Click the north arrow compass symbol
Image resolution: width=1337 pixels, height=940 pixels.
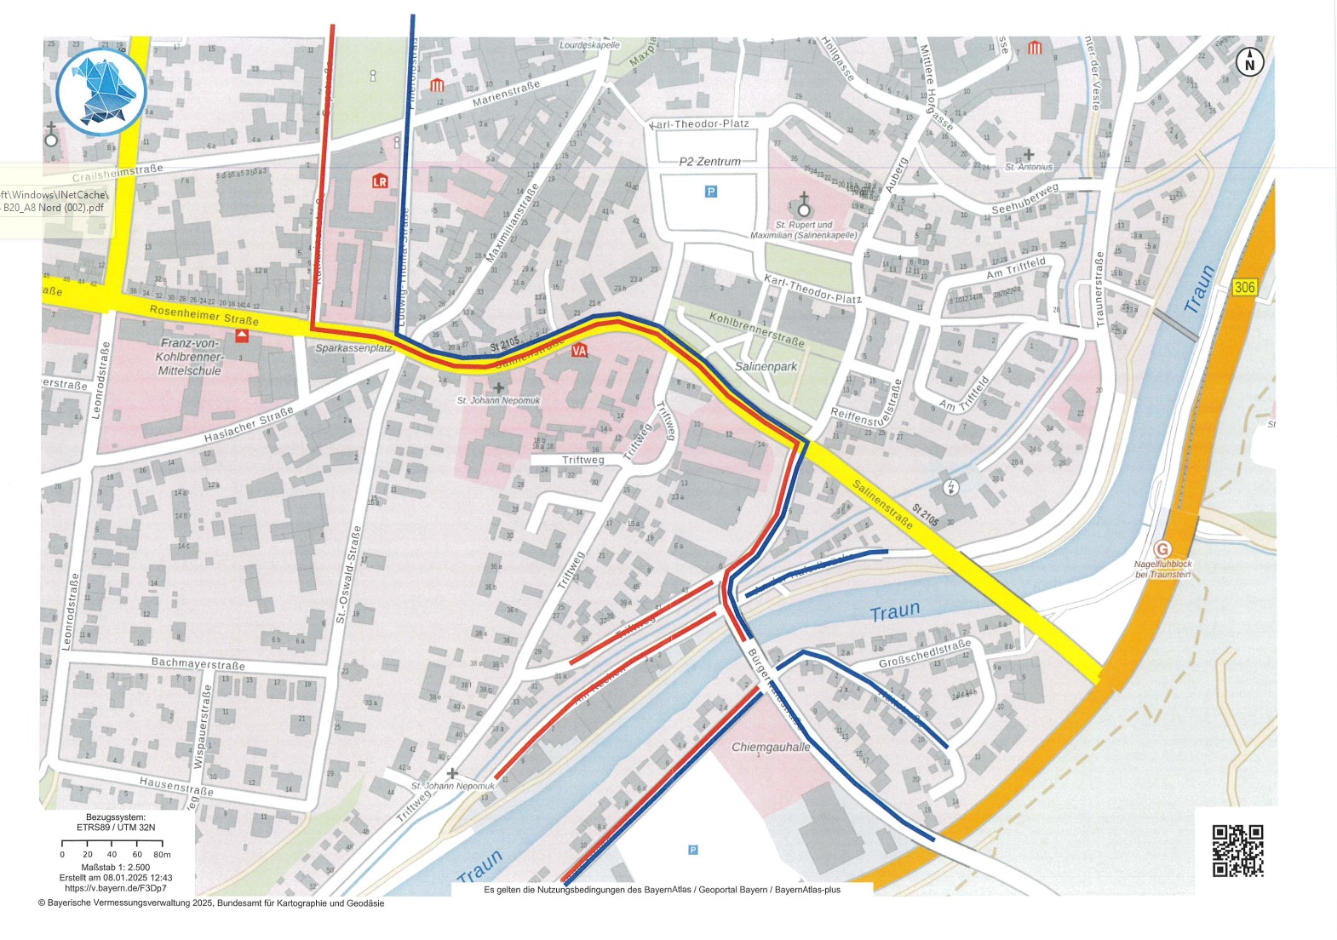(1249, 62)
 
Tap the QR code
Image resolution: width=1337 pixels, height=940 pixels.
(1237, 850)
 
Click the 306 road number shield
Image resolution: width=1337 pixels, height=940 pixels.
(1244, 287)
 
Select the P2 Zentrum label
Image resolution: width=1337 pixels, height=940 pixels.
(709, 161)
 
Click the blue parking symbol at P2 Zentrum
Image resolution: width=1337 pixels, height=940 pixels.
(711, 192)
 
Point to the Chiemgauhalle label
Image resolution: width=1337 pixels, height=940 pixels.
(771, 747)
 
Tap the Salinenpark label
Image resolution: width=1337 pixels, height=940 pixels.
(766, 366)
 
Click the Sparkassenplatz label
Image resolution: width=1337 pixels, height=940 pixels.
(353, 348)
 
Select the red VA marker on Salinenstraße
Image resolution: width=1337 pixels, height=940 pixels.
(580, 351)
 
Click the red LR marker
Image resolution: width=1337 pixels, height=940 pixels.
(380, 181)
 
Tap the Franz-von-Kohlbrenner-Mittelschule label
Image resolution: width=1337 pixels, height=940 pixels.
(189, 357)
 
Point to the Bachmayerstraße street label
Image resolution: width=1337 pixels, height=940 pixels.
(198, 662)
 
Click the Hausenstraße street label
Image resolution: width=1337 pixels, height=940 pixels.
(176, 785)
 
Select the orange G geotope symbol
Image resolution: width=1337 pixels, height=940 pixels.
(1162, 549)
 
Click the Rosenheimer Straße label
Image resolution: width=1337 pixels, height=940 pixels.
(204, 314)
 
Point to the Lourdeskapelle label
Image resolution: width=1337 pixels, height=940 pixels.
(589, 44)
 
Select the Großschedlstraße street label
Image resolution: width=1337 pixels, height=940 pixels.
(924, 654)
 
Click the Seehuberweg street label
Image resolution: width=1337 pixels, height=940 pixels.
(1024, 199)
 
